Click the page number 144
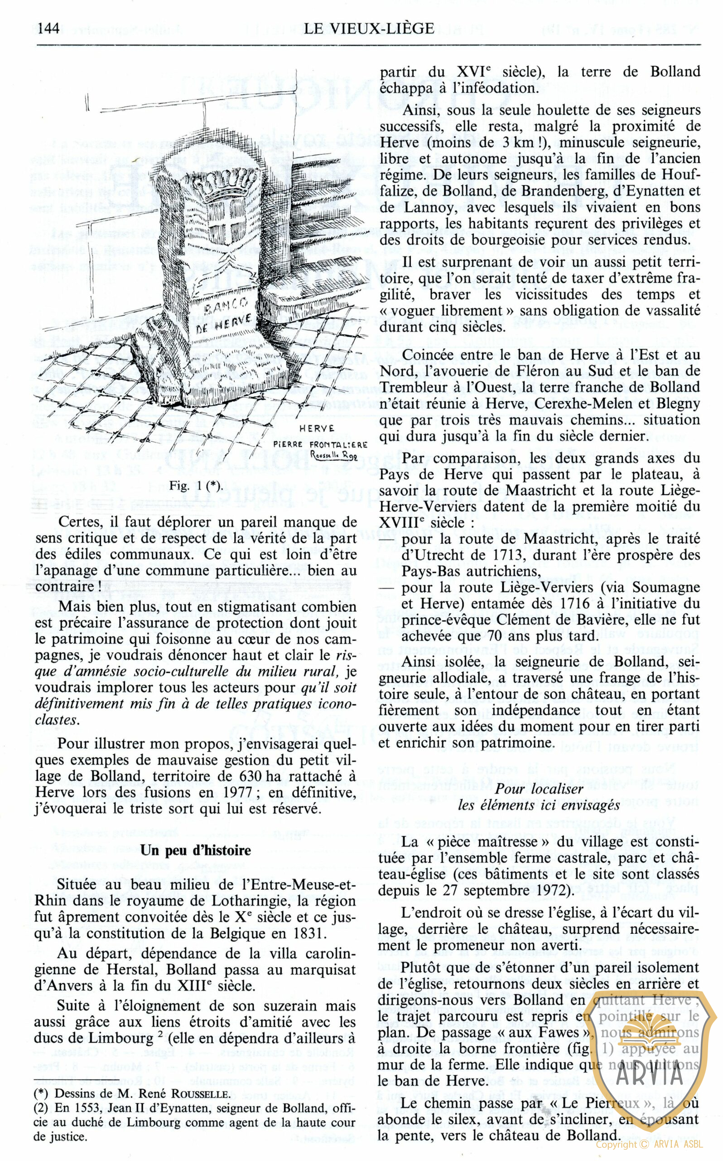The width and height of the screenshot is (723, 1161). pos(49,29)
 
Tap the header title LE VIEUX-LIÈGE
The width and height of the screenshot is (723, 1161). pos(369,29)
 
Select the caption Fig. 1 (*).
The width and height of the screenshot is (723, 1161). pos(196,486)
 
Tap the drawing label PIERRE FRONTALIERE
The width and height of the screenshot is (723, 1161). pos(320,444)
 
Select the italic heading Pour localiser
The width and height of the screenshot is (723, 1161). pos(539,789)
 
